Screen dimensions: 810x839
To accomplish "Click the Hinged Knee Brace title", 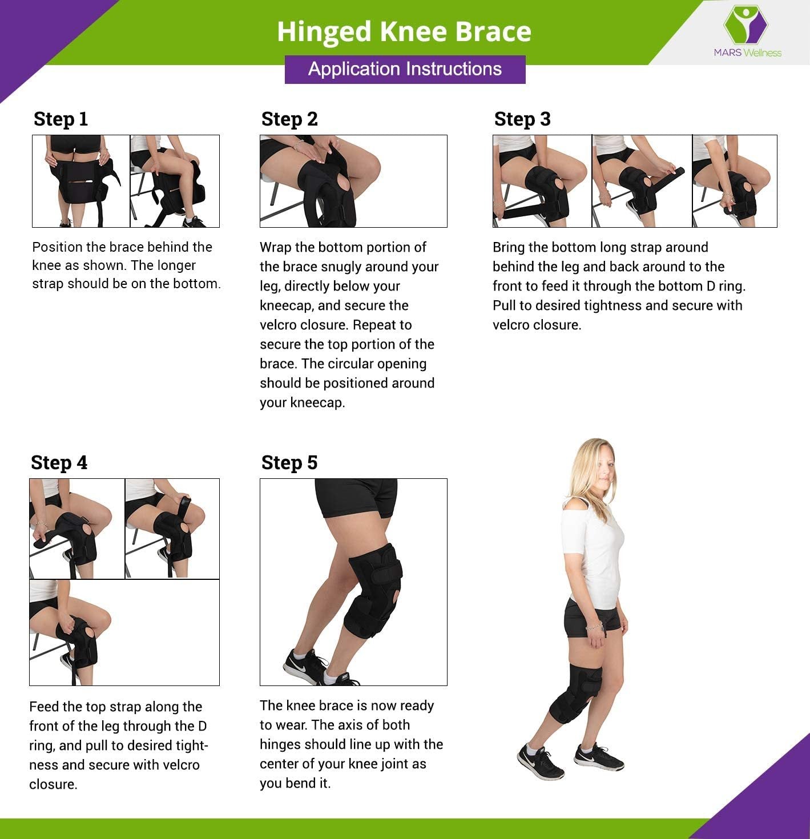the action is coord(404,32).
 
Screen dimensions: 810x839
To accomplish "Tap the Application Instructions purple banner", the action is coord(405,69).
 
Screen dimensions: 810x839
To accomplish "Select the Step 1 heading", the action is coord(61,119).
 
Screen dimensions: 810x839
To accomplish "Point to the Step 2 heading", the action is coord(289,119).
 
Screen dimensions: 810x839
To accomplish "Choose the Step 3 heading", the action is coord(522,119).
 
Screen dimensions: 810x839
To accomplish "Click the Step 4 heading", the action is coord(59,463).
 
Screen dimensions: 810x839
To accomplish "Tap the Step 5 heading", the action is coord(289,463).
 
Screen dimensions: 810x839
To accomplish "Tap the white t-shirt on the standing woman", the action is coord(593,552).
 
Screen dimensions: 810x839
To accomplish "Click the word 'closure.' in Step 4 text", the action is coord(53,784).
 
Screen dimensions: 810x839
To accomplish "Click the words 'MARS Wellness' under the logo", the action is coord(747,53).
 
